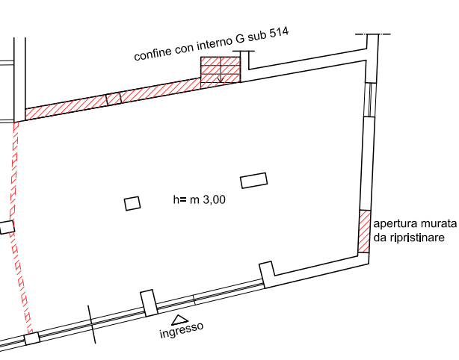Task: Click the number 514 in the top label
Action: click(278, 32)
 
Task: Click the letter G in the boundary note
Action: click(240, 39)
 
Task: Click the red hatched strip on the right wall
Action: click(365, 232)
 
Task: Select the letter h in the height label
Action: click(176, 200)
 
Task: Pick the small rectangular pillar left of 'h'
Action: click(132, 203)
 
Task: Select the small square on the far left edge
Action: click(6, 227)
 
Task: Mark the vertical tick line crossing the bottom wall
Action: click(93, 325)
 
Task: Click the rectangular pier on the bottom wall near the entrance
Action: click(148, 302)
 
